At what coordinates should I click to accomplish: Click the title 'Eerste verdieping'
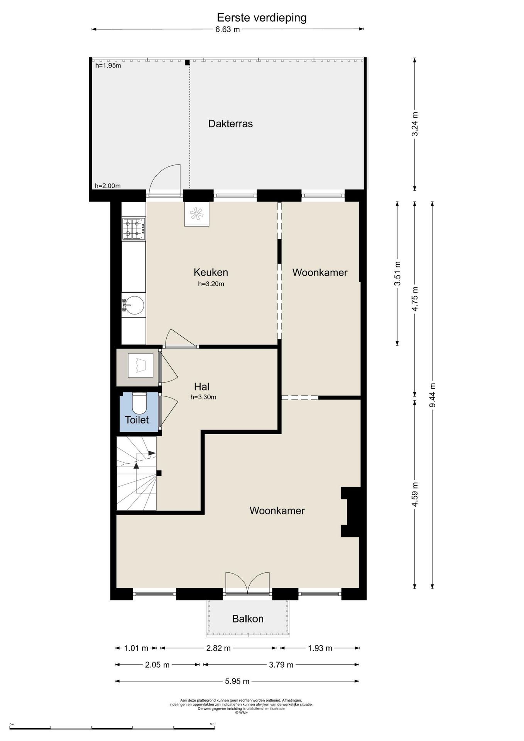coord(262,18)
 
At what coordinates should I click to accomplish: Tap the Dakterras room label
coord(230,123)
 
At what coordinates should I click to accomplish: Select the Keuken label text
coord(211,272)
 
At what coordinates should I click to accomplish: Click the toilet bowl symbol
coord(139,403)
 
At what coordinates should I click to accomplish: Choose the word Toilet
coord(137,420)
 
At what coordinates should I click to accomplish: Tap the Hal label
coord(202,387)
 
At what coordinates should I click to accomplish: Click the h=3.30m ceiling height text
coord(203,397)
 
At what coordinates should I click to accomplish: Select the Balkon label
coord(248,619)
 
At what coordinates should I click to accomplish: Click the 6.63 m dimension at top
coord(228,29)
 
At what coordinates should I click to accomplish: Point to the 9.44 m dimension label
coord(432,395)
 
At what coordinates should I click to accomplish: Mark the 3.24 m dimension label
coord(415,124)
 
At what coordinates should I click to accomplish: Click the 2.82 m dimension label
coord(218,648)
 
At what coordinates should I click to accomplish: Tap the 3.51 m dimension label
coord(397,274)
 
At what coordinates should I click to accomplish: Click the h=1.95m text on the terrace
coord(108,66)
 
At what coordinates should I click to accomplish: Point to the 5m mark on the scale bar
coord(212,724)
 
